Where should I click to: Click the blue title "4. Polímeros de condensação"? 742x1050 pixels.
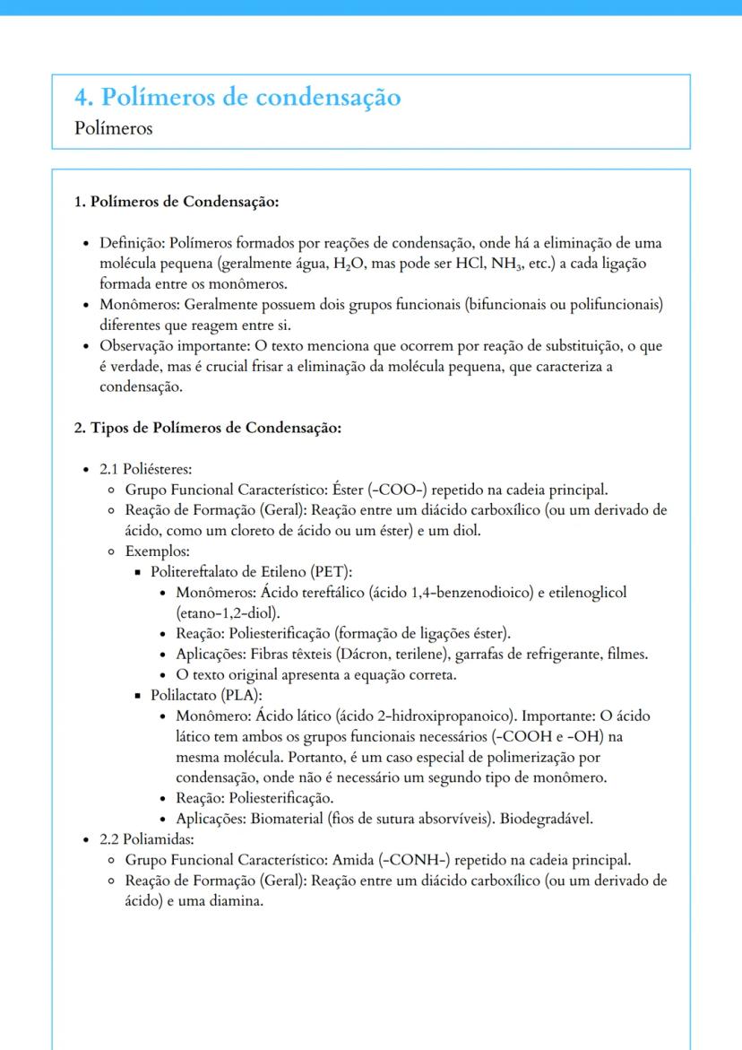tap(238, 97)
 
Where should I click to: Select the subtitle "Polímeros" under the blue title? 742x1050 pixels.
tap(114, 128)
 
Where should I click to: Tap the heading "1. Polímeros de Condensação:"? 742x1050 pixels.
tap(177, 202)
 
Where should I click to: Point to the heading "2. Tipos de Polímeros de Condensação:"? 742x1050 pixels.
tap(207, 428)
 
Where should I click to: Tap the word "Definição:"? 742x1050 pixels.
tap(133, 244)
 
